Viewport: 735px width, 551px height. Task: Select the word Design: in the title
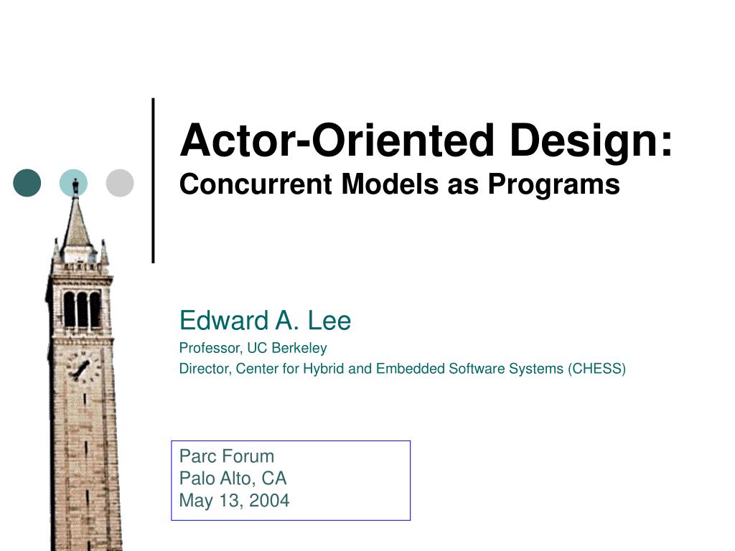pyautogui.click(x=592, y=141)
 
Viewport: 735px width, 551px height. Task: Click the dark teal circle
pyautogui.click(x=27, y=183)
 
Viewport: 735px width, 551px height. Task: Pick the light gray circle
pyautogui.click(x=120, y=183)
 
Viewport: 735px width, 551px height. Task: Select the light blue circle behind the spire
pyautogui.click(x=73, y=183)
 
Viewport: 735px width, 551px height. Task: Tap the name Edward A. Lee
pyautogui.click(x=265, y=320)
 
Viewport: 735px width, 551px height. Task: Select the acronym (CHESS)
pyautogui.click(x=596, y=369)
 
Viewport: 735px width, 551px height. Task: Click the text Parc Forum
pyautogui.click(x=227, y=456)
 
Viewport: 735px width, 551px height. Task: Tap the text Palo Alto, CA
pyautogui.click(x=233, y=478)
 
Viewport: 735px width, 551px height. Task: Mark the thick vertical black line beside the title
pyautogui.click(x=154, y=179)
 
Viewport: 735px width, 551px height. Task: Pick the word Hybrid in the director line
pyautogui.click(x=327, y=369)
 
